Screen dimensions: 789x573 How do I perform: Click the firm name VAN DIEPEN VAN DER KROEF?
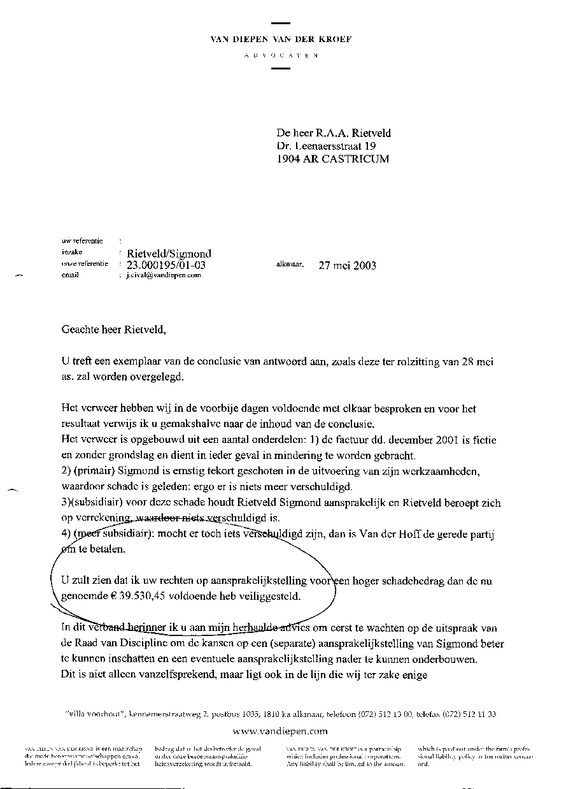click(x=281, y=39)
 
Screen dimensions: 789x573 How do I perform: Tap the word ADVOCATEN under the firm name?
click(x=281, y=56)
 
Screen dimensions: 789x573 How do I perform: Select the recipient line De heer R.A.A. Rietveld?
click(x=334, y=133)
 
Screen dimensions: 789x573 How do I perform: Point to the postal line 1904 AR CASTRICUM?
click(x=332, y=159)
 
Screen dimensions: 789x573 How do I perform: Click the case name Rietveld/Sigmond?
click(x=169, y=254)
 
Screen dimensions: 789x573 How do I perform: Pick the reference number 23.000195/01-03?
click(x=167, y=265)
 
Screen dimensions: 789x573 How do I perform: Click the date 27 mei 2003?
click(x=347, y=265)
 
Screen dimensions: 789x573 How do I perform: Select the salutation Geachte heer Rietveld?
click(x=113, y=329)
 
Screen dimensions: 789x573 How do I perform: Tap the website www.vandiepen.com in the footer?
click(x=280, y=731)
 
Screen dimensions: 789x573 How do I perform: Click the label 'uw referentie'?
click(x=82, y=241)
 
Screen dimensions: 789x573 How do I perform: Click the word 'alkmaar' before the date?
click(x=290, y=263)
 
